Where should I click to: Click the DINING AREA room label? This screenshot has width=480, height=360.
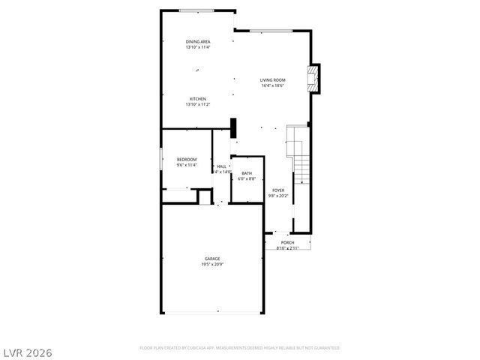click(198, 41)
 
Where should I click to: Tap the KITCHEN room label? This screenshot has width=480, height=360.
click(198, 99)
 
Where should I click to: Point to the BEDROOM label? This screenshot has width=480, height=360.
click(187, 159)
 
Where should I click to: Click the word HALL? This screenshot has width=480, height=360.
click(221, 166)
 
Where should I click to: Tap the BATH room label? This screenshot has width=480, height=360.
click(247, 173)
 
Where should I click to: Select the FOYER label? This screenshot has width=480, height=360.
click(278, 190)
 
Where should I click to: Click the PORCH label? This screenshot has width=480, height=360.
click(287, 242)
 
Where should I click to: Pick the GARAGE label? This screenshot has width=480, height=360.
click(212, 259)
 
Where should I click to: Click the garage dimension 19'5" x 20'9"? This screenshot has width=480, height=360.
click(212, 265)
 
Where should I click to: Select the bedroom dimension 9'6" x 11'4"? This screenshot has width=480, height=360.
click(187, 165)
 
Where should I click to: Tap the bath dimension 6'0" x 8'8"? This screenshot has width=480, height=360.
click(247, 179)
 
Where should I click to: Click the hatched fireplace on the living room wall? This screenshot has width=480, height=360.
click(314, 78)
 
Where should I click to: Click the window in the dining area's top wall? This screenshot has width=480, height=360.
click(199, 10)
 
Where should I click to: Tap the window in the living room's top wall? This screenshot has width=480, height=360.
click(270, 31)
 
